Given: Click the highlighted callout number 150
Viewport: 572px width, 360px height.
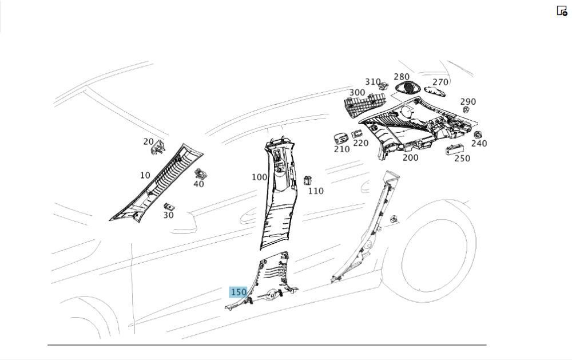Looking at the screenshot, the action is tap(238, 292).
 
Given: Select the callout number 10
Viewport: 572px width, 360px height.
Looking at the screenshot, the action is tap(145, 175).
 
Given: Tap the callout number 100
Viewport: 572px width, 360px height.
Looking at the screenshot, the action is tap(259, 177).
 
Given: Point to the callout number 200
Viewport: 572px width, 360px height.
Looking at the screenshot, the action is tap(410, 158).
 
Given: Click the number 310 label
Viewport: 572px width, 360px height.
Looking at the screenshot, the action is tap(373, 82).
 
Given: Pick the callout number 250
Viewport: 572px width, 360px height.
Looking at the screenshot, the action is tap(462, 159).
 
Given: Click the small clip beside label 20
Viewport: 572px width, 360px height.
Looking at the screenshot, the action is tap(158, 147).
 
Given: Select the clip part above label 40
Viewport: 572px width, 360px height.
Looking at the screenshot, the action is tap(200, 174).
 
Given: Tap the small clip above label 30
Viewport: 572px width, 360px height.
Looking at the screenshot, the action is tap(169, 207).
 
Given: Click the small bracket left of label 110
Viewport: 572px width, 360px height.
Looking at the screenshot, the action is tap(308, 180).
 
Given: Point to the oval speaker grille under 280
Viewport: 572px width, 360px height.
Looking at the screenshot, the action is tap(407, 88).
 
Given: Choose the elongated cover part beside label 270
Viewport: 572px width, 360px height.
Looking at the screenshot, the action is tap(435, 91).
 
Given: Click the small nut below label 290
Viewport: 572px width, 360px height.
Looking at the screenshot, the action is tap(466, 109).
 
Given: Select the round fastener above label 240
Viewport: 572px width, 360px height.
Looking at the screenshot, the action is tap(477, 134).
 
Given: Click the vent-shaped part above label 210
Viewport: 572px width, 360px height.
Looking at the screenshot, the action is tap(341, 139).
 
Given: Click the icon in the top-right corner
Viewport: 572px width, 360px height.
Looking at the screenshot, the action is tap(562, 10).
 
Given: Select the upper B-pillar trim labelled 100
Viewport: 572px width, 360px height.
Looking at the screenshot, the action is tap(279, 193).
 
